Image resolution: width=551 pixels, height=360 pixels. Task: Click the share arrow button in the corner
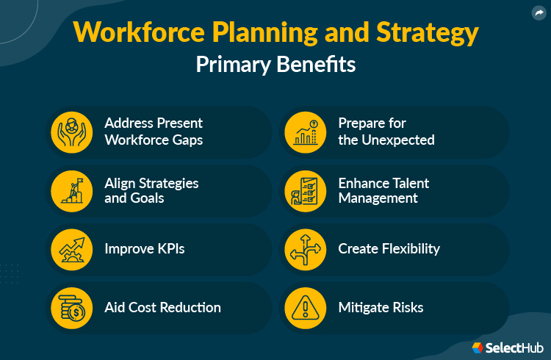[538, 12]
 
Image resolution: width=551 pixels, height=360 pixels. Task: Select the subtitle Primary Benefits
[275, 65]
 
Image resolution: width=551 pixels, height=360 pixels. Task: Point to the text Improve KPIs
[144, 248]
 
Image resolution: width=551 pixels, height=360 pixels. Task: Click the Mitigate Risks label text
[381, 307]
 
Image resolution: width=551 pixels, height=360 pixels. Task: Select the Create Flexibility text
[389, 248]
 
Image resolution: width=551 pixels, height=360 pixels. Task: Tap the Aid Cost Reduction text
[162, 307]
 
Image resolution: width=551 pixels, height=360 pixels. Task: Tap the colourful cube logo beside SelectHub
[478, 346]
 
